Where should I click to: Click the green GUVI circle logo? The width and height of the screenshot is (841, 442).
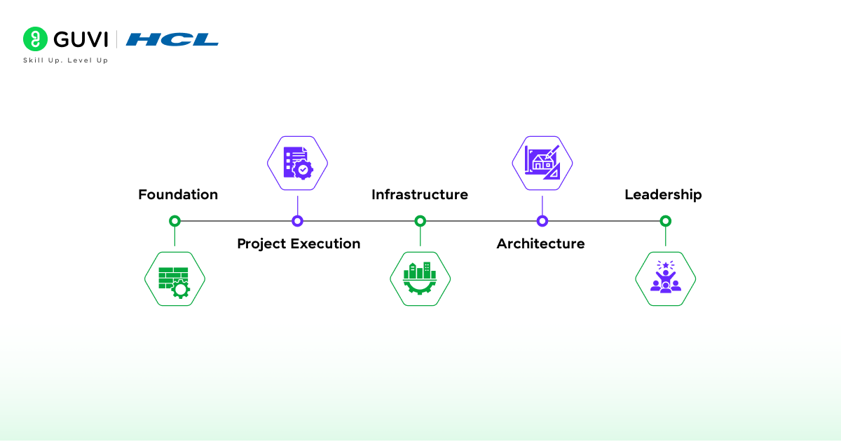click(35, 39)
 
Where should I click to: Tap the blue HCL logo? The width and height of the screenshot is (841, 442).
click(172, 39)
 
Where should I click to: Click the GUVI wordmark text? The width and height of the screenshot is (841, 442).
click(81, 39)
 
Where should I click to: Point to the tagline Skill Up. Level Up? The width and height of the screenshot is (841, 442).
click(66, 60)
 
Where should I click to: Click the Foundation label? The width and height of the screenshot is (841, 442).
click(178, 195)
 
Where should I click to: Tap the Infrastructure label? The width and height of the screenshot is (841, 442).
click(420, 195)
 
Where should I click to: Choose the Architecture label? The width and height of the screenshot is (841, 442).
click(540, 243)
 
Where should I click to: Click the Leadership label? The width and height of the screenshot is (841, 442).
click(663, 195)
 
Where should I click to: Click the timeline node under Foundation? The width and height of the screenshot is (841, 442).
click(175, 221)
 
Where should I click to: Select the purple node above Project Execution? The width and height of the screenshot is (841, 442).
click(297, 221)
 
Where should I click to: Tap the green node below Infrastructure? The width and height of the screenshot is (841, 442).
click(420, 221)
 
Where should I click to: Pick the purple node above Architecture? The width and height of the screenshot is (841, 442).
click(542, 221)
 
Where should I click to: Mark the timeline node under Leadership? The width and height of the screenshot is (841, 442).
click(666, 221)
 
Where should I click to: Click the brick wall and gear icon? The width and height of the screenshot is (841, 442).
click(175, 283)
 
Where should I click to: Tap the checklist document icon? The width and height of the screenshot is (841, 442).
click(298, 163)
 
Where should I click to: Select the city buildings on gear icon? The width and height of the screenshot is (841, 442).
click(420, 279)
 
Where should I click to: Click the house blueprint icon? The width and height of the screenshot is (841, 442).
click(542, 162)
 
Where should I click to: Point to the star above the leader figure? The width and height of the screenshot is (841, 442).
click(666, 265)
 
